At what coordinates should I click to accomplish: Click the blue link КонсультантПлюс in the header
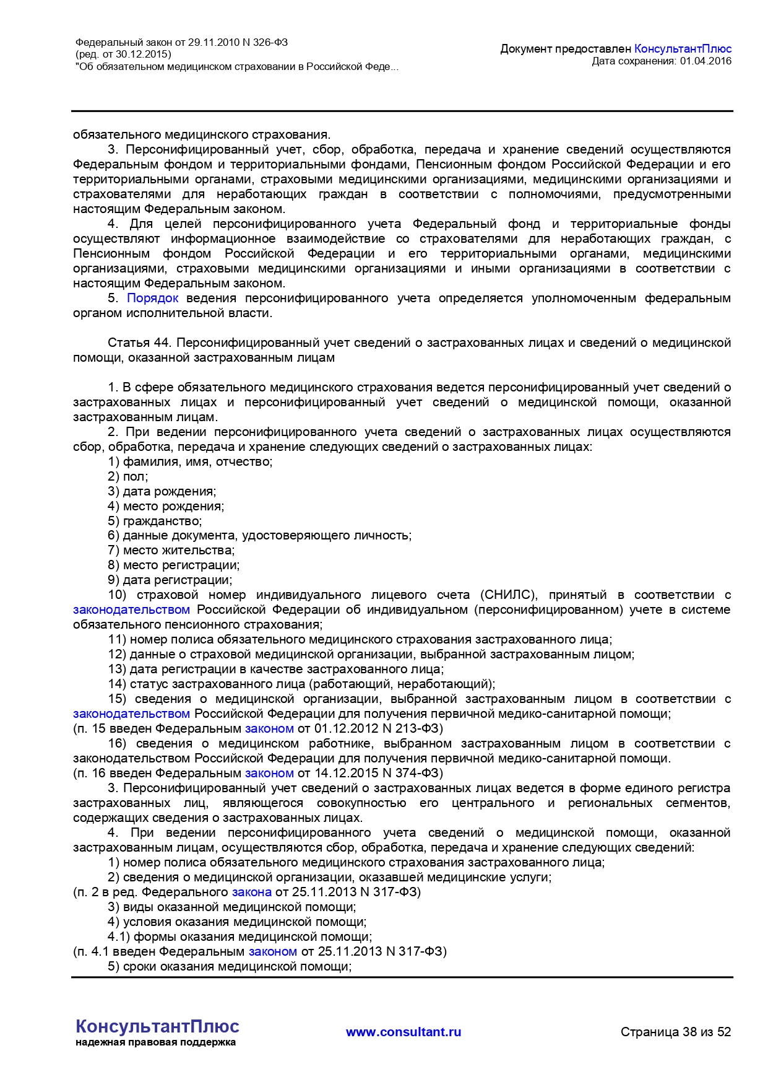(x=683, y=49)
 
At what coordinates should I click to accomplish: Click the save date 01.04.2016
(x=705, y=61)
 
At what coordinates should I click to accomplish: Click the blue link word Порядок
(x=152, y=299)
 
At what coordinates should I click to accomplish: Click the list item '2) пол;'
(x=127, y=477)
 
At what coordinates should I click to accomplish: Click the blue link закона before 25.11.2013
(x=251, y=893)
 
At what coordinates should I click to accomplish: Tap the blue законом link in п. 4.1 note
(x=272, y=952)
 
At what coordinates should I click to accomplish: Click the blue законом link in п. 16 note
(x=269, y=774)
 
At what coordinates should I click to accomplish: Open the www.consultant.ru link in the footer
(x=403, y=1032)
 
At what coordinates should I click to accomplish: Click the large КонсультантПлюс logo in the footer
(x=157, y=1027)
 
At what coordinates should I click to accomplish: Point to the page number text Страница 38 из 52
(x=676, y=1032)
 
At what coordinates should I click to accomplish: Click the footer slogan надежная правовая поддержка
(x=155, y=1042)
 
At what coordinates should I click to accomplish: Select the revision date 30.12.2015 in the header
(x=143, y=55)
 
